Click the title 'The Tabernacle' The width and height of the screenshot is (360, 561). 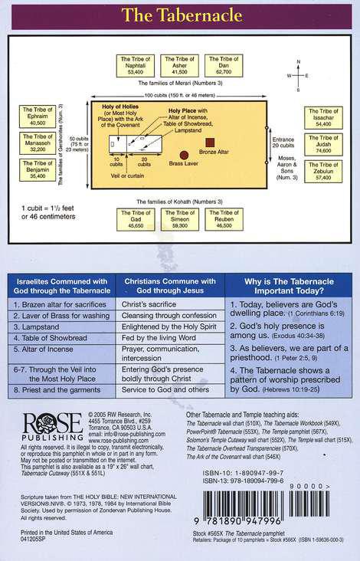[x=180, y=14]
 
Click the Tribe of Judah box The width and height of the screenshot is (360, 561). [x=322, y=146]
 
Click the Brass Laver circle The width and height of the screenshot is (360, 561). [x=184, y=155]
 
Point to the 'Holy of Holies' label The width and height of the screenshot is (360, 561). [x=111, y=113]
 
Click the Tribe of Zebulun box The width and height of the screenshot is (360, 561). [x=322, y=173]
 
